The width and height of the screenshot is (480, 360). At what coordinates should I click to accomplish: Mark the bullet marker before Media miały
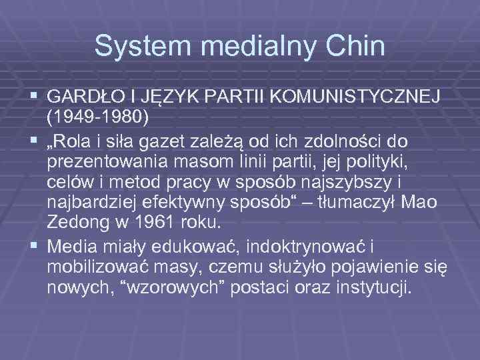[x=34, y=247]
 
